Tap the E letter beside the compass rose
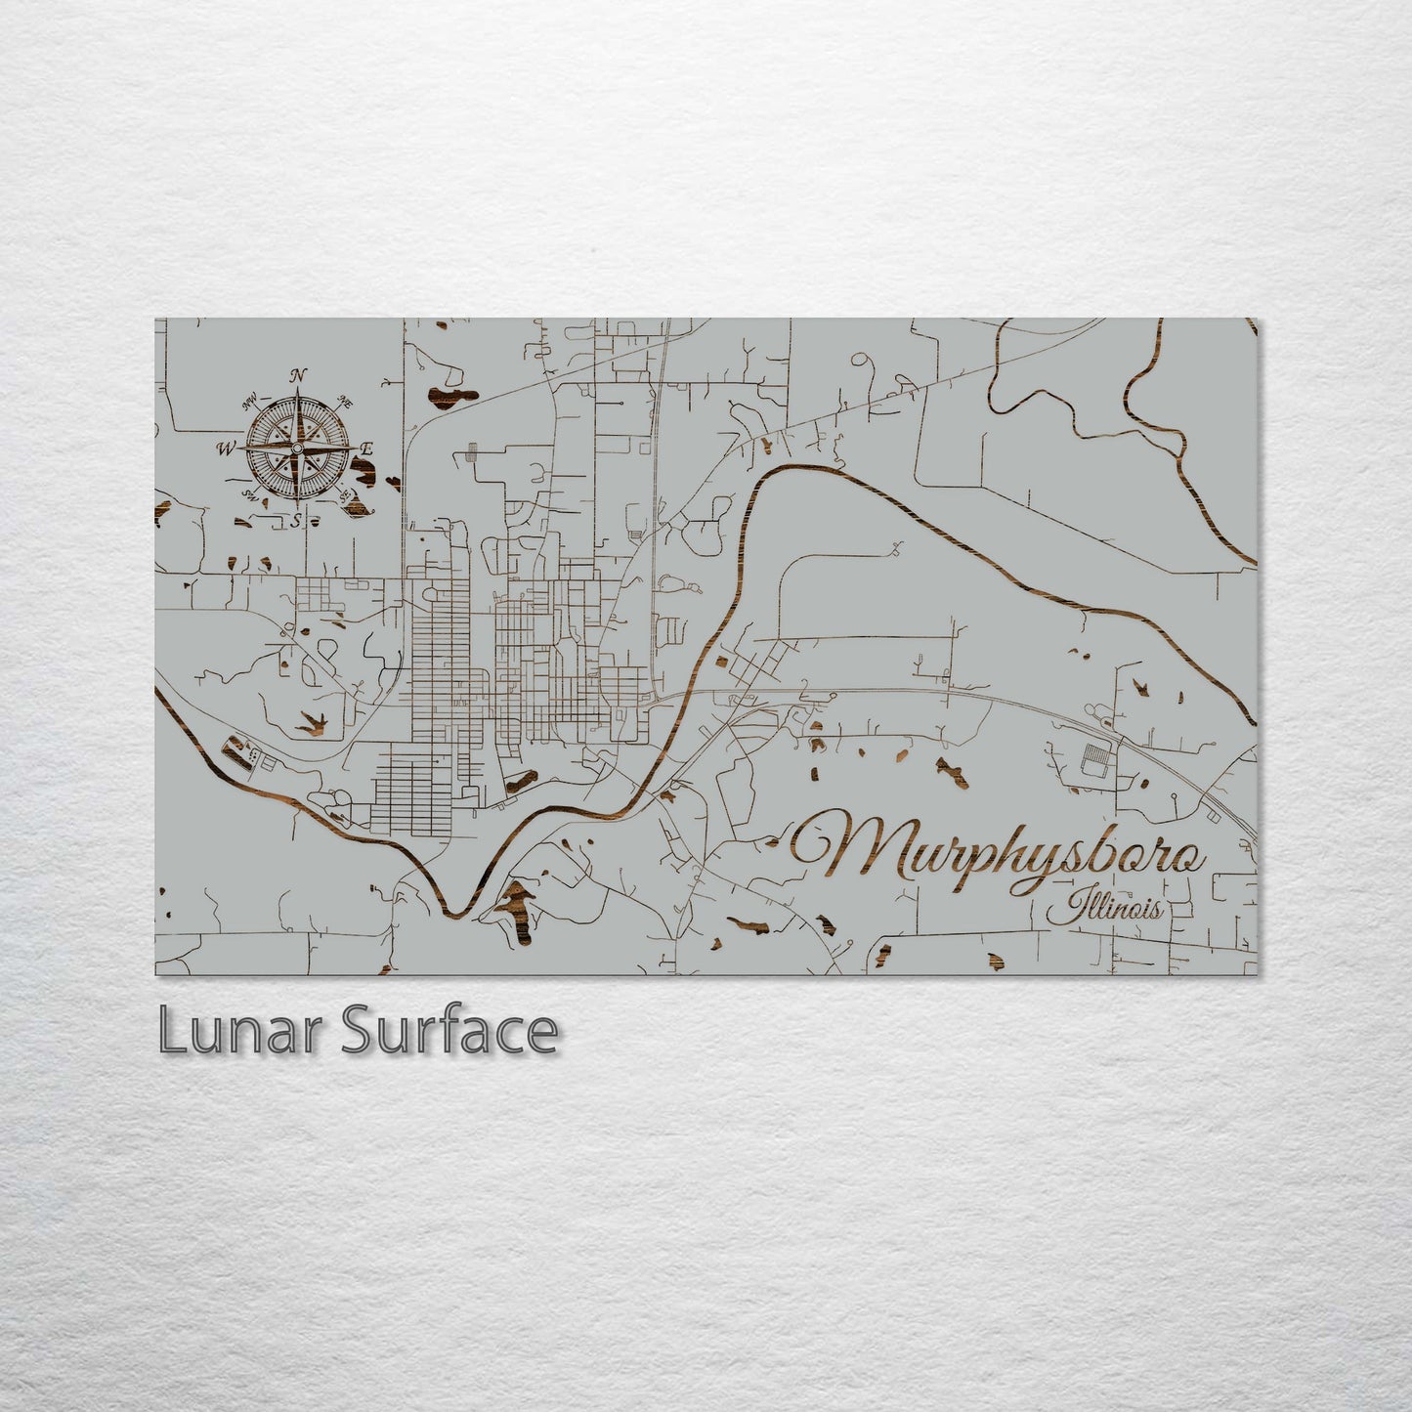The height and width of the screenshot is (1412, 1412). pos(367,448)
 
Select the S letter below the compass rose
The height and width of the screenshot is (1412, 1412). pos(296,520)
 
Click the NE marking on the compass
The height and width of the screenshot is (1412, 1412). pos(344,400)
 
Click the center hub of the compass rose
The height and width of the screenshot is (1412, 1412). pos(297,448)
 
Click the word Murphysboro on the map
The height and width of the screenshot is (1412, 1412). pos(997,850)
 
